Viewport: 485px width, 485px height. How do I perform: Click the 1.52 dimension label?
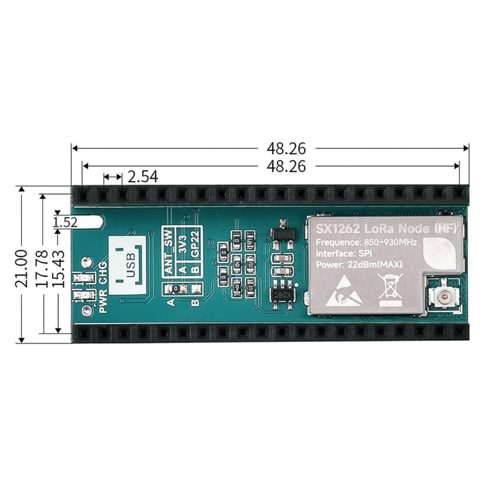coord(65,222)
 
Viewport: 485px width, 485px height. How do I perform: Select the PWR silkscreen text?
coord(102,301)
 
